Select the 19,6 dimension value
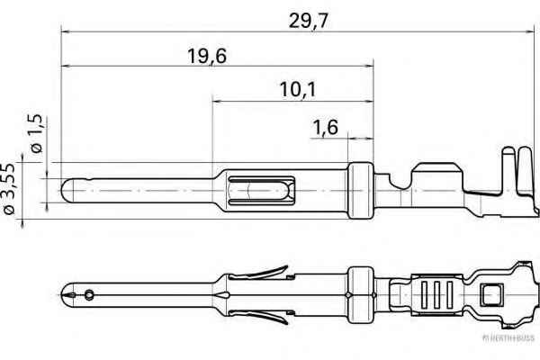point(206,55)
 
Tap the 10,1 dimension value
point(299,89)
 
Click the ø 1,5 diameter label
point(36,135)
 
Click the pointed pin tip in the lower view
point(66,293)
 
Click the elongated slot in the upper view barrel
point(260,192)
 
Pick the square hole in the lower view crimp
point(491,294)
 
